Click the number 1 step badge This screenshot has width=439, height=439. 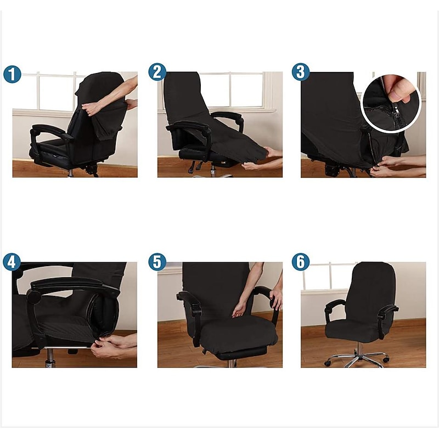[x=12, y=74]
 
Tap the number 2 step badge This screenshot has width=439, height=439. [x=157, y=72]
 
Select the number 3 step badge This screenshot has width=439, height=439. [x=301, y=72]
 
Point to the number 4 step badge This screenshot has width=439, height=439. [x=12, y=262]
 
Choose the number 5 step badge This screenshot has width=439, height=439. [x=157, y=262]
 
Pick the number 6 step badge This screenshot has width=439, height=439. [x=301, y=262]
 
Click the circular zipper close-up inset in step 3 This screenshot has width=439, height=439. [x=391, y=104]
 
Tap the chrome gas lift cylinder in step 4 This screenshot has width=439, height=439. [x=50, y=358]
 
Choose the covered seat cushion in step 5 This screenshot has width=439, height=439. [x=239, y=336]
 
